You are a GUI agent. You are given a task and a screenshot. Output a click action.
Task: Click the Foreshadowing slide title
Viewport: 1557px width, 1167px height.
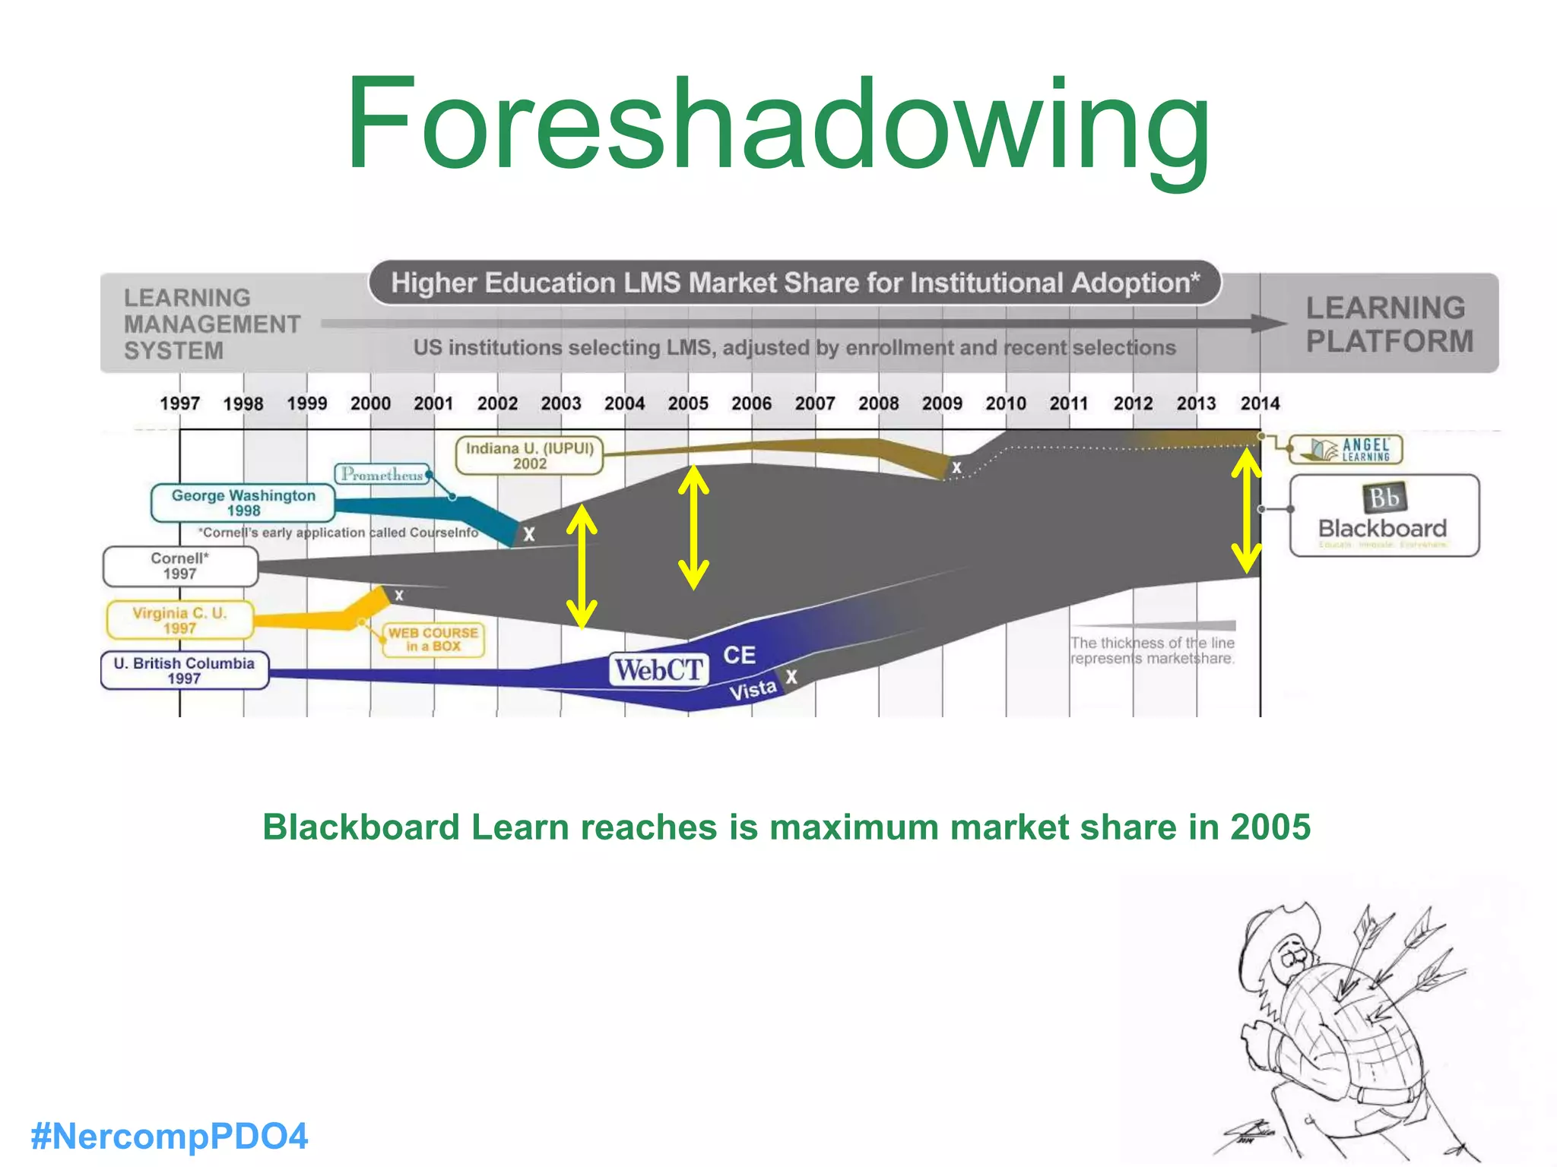click(777, 125)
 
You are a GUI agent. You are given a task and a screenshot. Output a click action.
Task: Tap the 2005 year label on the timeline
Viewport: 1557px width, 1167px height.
click(688, 403)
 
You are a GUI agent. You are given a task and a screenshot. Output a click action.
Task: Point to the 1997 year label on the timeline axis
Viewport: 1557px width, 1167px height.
click(179, 403)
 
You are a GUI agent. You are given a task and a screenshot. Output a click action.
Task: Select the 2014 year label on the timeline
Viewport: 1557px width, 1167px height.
click(1260, 403)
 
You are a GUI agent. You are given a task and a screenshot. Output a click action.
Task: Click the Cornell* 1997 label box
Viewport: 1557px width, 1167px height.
click(180, 566)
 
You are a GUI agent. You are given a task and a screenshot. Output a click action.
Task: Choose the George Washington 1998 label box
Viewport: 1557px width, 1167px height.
click(243, 503)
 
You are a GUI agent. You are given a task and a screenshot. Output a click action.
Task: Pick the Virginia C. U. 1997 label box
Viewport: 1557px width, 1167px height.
click(180, 620)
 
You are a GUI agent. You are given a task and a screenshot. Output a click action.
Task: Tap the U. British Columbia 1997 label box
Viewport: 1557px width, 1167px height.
click(185, 670)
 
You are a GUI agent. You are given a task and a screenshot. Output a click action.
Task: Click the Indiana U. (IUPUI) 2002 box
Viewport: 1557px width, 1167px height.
click(530, 455)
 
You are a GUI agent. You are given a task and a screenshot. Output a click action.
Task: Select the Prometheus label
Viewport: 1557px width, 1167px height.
click(382, 474)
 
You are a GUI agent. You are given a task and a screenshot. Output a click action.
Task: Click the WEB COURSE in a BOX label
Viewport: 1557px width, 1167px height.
click(433, 639)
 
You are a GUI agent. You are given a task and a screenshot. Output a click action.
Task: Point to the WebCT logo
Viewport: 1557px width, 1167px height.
click(658, 670)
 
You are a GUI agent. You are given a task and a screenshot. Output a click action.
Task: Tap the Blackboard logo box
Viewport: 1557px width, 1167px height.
click(1384, 516)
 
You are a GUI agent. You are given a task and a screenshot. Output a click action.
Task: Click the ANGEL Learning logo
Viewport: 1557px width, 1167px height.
click(1346, 450)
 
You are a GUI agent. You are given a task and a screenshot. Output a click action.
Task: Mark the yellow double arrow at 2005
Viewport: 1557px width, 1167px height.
click(693, 527)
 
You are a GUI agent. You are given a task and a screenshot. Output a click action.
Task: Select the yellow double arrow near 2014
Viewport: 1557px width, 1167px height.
click(1246, 511)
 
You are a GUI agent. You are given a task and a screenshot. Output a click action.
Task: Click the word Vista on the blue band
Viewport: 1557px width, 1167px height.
click(752, 690)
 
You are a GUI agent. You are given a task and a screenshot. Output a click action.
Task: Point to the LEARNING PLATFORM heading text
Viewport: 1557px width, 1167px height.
click(1389, 324)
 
